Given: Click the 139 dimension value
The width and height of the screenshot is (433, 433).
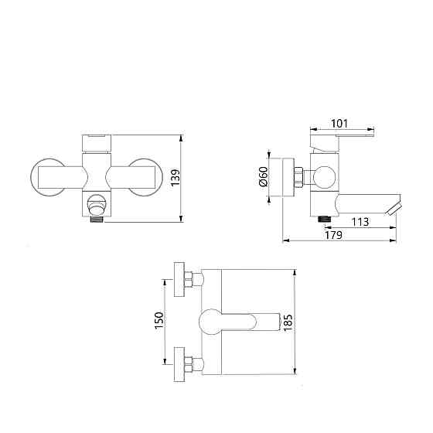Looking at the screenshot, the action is coord(176,178).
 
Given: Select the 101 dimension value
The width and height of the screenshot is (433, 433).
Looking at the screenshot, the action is coord(339,124).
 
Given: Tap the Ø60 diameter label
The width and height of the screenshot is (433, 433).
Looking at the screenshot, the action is coord(264,177).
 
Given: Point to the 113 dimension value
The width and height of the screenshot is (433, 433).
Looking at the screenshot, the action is coord(360,222).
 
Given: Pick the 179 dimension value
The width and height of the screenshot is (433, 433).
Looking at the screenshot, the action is coord(333,235).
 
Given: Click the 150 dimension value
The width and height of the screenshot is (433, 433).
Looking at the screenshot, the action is coord(159,320).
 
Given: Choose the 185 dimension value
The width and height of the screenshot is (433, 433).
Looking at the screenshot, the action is coord(288,322).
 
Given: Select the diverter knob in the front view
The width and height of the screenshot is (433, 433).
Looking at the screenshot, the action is coord(97,204).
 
